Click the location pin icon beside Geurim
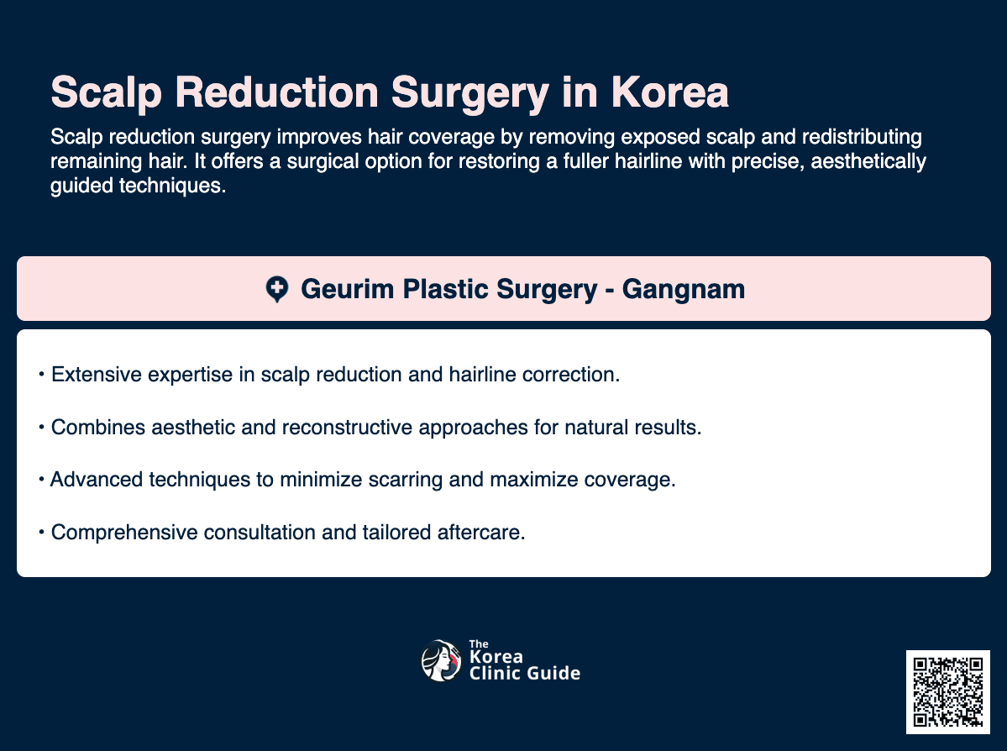click(x=276, y=290)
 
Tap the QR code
click(x=947, y=691)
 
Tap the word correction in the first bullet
click(x=574, y=375)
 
